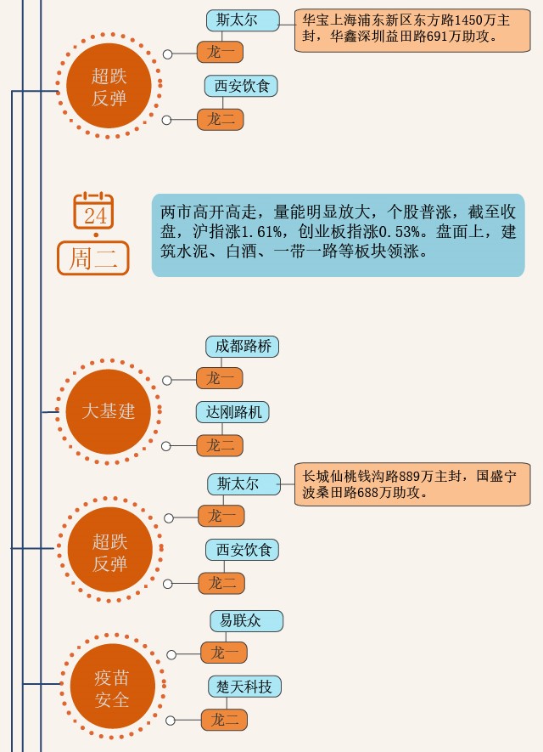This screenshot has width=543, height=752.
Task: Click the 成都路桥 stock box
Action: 242,347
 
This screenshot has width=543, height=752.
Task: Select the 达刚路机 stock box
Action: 232,413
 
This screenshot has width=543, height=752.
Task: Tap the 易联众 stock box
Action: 246,620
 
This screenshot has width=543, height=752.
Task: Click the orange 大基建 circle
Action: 108,412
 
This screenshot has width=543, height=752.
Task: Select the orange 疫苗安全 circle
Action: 112,688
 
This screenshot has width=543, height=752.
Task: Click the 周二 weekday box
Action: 93,258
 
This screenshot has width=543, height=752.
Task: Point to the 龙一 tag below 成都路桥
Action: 221,378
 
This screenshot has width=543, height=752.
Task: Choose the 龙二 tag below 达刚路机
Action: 221,445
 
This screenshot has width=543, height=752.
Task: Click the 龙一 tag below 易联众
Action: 224,653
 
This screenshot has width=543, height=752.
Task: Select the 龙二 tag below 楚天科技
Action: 224,720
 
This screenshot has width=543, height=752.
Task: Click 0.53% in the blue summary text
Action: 400,233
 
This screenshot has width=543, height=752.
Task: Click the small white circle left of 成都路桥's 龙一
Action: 167,380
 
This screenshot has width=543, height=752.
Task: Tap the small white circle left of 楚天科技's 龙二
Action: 171,721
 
